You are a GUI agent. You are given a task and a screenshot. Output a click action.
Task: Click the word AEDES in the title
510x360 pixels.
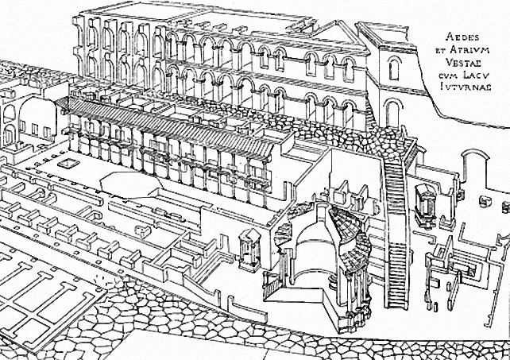coord(458,37)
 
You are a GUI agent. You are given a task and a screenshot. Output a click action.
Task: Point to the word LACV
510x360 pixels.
coord(476,75)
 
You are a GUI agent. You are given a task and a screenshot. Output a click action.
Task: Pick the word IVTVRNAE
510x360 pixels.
coord(466,87)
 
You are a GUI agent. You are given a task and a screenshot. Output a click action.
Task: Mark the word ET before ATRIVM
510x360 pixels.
coord(442,50)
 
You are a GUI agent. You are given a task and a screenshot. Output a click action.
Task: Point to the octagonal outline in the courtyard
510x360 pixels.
coord(131,184)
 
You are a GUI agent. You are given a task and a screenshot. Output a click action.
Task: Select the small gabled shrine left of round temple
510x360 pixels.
coord(249,249)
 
